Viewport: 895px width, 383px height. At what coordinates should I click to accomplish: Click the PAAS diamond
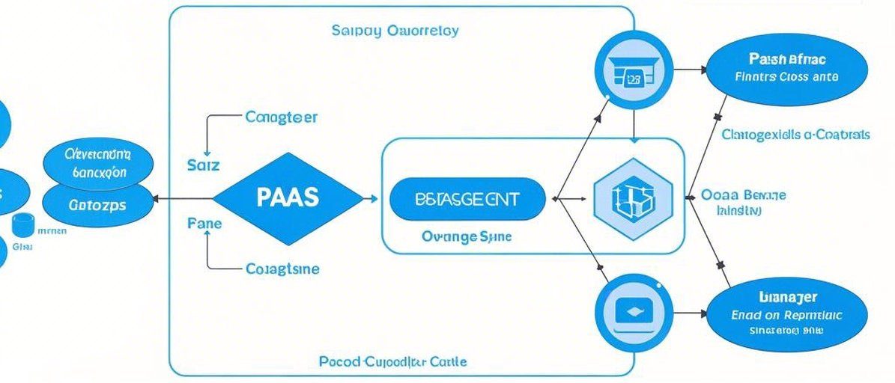(288, 198)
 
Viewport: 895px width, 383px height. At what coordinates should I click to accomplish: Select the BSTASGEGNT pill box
(468, 199)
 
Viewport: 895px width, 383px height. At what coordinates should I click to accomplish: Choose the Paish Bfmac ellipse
(786, 67)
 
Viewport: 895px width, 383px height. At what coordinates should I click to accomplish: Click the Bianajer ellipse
(786, 314)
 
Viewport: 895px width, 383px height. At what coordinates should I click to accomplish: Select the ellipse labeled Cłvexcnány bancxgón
(97, 162)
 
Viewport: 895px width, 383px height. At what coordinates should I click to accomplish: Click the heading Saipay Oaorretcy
(395, 31)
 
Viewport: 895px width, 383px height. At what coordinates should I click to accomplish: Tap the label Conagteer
(281, 117)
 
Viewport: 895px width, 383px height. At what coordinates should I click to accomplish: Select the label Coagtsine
(282, 269)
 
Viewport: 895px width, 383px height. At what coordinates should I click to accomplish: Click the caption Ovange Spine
(467, 236)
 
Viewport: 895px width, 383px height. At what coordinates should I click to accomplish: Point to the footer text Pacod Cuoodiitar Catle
(392, 361)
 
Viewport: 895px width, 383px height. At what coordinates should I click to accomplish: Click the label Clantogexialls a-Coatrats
(795, 135)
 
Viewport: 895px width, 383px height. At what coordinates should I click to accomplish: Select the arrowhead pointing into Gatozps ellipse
(155, 199)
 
